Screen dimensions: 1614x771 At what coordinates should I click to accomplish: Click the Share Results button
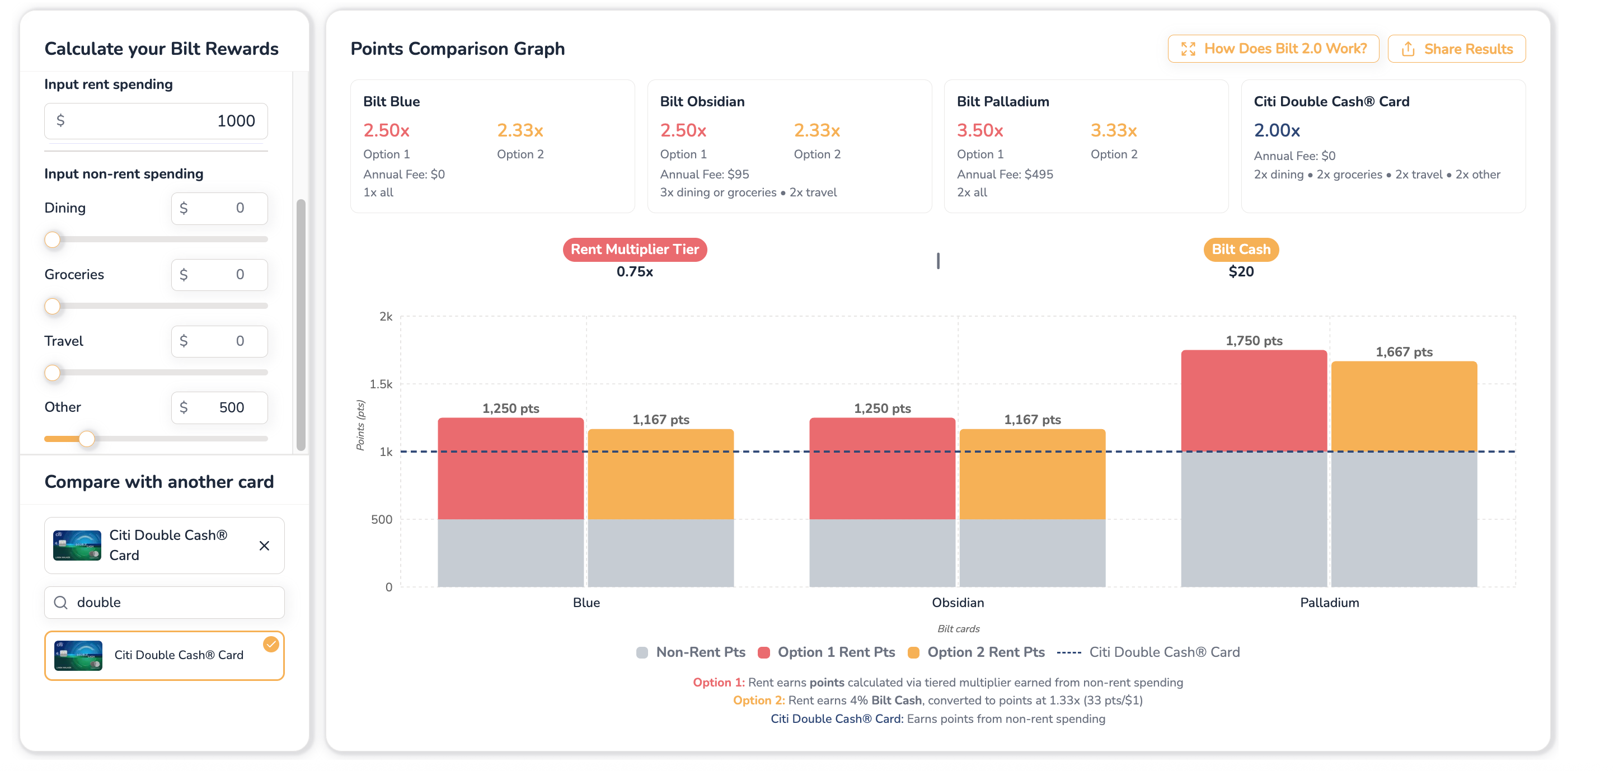[1456, 49]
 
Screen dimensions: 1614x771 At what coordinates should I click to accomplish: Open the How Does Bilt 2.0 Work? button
[1273, 49]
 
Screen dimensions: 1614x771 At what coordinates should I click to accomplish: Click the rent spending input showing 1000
[156, 121]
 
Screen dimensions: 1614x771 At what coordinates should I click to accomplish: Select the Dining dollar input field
[219, 208]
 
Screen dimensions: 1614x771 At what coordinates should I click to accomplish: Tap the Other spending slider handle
[87, 439]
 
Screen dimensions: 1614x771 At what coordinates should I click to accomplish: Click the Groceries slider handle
[53, 306]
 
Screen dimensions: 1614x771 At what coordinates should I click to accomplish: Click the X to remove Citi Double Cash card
[264, 546]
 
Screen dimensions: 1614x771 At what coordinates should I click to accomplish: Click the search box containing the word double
[164, 603]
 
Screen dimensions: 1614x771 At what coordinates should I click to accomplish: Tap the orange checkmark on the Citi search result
[271, 644]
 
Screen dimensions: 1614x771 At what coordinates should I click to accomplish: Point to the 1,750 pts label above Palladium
[1254, 341]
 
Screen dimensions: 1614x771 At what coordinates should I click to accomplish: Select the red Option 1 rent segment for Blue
[510, 468]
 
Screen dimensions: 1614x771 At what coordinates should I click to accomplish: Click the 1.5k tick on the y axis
[381, 384]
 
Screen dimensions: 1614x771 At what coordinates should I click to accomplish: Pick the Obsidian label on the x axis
[958, 603]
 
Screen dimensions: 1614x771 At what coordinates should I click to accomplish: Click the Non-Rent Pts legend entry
[691, 652]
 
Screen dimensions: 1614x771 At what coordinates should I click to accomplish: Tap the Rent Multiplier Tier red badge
[635, 250]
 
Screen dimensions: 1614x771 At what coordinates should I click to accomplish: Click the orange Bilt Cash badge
[1241, 250]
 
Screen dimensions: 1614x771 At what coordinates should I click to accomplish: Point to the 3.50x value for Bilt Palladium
[980, 130]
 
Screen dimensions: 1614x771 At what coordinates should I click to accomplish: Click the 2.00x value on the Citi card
[1277, 130]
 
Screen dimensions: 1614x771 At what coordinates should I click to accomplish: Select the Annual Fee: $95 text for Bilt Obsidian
[704, 174]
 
